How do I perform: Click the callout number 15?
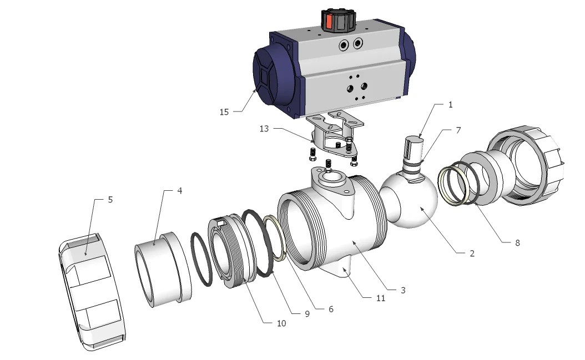(224, 112)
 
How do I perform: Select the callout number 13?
(264, 129)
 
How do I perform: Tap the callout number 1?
(451, 104)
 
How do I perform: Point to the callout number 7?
(458, 130)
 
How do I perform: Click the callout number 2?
(472, 253)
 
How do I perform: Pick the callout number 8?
(517, 242)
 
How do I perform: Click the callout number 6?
(331, 309)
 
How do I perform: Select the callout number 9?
(306, 313)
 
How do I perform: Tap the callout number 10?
(281, 323)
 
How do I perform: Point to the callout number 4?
(179, 190)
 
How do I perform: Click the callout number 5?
(110, 199)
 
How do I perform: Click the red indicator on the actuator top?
(328, 22)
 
